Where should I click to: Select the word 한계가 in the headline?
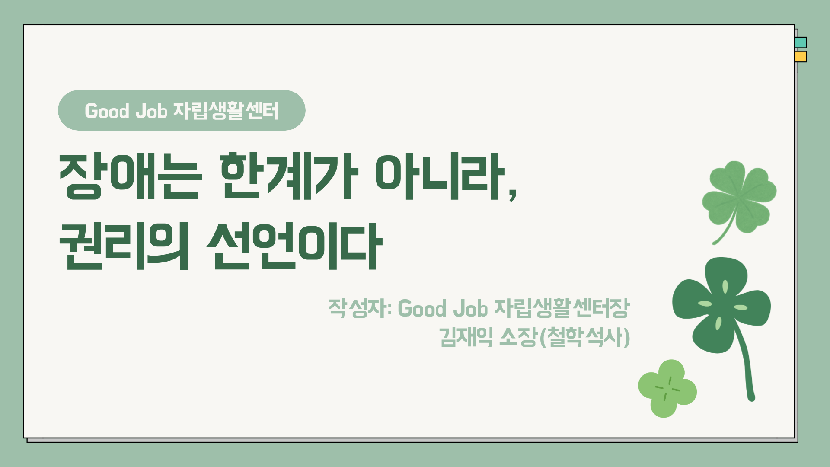pos(289,176)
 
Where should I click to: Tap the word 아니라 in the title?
pos(440,176)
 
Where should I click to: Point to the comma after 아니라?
pos(513,195)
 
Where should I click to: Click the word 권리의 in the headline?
pos(124,246)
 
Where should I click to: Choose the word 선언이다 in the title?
pos(294,246)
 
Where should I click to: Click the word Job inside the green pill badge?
pos(151,111)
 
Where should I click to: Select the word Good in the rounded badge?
pos(107,111)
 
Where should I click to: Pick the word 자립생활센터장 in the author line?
pos(562,308)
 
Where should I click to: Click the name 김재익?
pos(466,337)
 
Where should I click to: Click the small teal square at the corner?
pos(801,42)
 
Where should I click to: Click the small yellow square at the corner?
pos(801,57)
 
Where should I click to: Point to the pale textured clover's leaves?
pos(740,195)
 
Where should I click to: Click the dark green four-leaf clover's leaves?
pos(721,303)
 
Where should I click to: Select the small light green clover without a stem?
pos(667,389)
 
